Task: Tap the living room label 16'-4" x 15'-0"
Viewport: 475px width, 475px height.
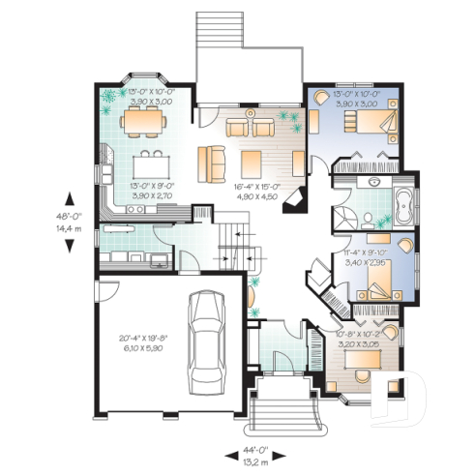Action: point(255,190)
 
